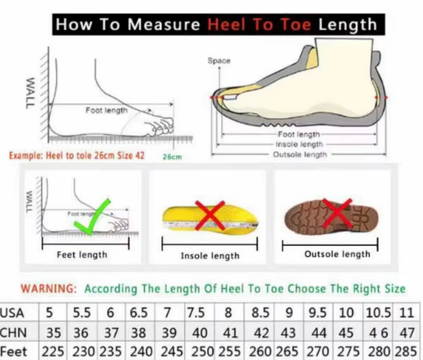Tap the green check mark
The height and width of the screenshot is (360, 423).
click(92, 218)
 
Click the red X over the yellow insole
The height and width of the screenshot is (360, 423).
click(210, 216)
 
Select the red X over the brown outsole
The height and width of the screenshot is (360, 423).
click(337, 213)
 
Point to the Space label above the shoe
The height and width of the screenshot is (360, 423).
click(219, 61)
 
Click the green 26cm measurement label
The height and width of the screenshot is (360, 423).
click(172, 157)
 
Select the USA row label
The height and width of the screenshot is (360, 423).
click(12, 313)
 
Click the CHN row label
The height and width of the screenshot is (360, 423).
click(13, 333)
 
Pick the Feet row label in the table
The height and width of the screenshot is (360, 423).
click(13, 352)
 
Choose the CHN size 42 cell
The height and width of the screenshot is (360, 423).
click(262, 333)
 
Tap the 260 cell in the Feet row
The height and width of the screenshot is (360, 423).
click(260, 351)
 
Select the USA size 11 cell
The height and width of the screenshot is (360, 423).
click(407, 313)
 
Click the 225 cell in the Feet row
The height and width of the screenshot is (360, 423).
click(53, 351)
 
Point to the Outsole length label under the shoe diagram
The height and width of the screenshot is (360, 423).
click(300, 155)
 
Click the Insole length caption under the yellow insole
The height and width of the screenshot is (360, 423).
click(210, 256)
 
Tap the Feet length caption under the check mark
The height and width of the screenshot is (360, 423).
click(82, 255)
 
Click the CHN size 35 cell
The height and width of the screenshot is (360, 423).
click(53, 333)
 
